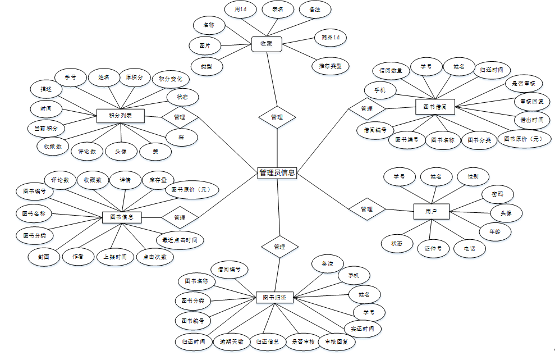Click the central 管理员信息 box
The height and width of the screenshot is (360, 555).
(x=277, y=173)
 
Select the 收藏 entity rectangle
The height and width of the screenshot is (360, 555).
(x=266, y=43)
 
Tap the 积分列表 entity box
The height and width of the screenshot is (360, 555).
(x=121, y=115)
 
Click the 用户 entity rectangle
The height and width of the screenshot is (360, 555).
(x=430, y=211)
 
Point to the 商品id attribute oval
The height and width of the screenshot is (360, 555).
(x=331, y=38)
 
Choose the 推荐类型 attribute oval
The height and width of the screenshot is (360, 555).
(x=330, y=66)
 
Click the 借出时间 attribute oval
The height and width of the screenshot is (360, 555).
(x=529, y=120)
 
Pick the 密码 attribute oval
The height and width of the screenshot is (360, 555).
(x=497, y=194)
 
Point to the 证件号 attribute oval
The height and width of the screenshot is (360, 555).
(x=433, y=248)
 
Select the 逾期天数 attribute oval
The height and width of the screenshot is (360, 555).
(x=232, y=341)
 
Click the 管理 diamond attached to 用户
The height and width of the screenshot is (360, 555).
(x=366, y=209)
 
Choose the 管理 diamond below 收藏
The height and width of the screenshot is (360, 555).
(x=277, y=117)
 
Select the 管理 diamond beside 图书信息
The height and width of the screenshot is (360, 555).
(x=180, y=217)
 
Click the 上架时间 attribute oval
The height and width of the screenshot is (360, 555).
(x=115, y=257)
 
